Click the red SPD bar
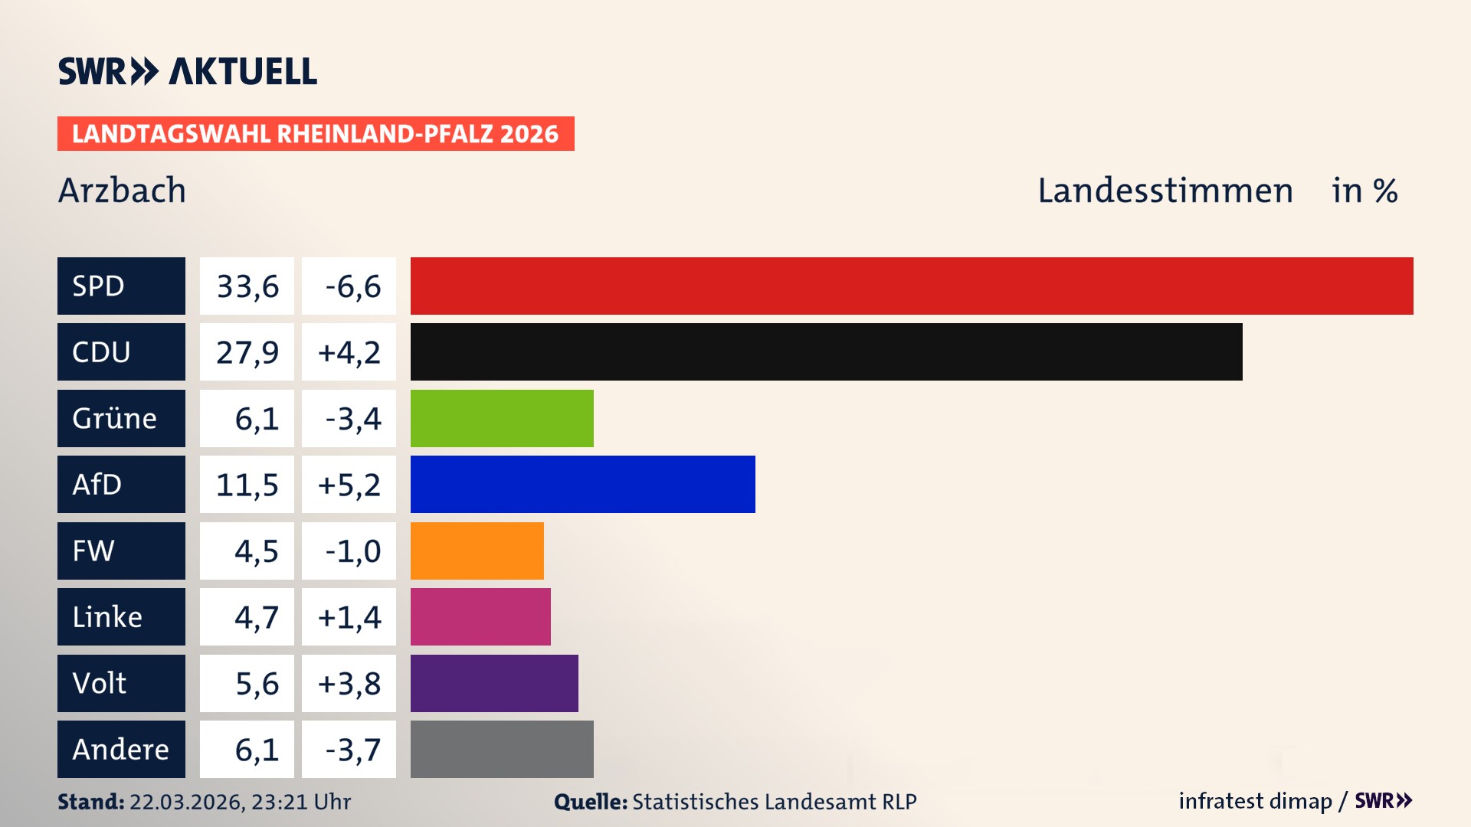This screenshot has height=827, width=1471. point(912,286)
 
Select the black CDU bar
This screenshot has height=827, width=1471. point(826,351)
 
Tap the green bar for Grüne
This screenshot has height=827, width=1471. point(502,418)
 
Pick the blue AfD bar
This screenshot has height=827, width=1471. point(582,484)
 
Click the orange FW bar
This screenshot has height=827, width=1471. point(477,551)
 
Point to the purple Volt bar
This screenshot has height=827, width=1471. point(494,683)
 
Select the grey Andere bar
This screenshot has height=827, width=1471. point(502,749)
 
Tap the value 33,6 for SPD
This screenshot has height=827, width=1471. point(247,286)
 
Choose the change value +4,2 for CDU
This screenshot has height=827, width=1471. point(349,351)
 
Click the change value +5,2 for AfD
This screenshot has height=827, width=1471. point(349,484)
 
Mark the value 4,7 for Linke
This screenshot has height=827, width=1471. point(256,616)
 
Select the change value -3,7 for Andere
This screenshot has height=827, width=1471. point(352,749)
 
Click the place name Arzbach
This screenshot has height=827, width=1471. point(122,190)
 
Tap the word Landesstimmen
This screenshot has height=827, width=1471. point(1165,190)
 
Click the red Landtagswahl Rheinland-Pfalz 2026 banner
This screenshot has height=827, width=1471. point(316,133)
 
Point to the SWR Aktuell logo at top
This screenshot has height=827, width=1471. point(187,71)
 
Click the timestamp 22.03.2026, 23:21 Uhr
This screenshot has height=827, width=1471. point(240,802)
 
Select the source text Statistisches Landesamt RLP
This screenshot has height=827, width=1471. point(774,802)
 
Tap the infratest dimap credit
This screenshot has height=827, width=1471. point(1255,801)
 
